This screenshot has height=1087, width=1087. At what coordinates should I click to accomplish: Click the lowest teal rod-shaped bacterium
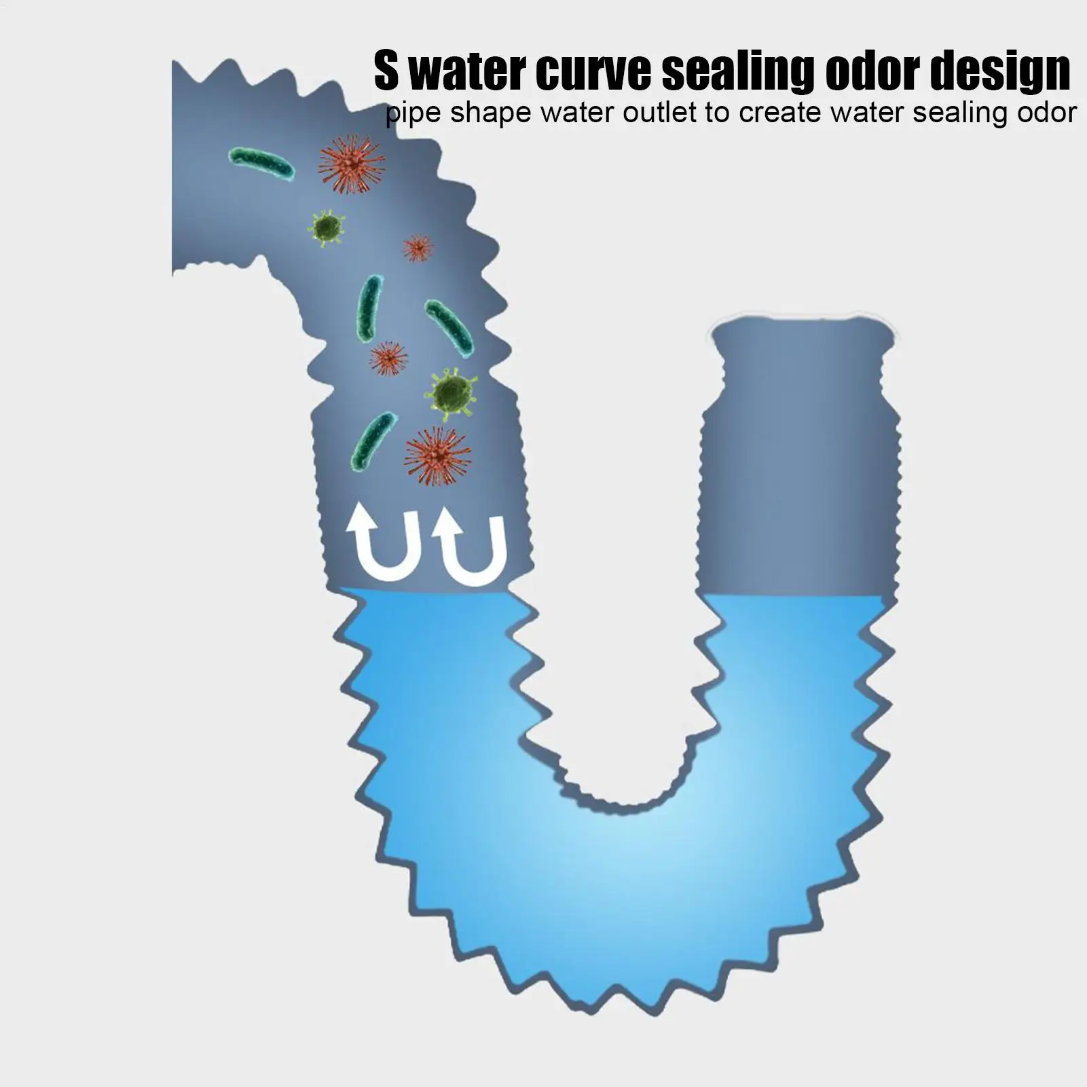click(371, 442)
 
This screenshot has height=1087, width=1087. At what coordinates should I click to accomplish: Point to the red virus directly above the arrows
click(437, 456)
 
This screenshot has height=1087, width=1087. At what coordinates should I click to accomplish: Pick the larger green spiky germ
click(452, 392)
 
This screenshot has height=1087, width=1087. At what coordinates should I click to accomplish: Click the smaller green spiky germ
click(328, 227)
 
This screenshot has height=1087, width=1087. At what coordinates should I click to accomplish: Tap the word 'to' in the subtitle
click(717, 113)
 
